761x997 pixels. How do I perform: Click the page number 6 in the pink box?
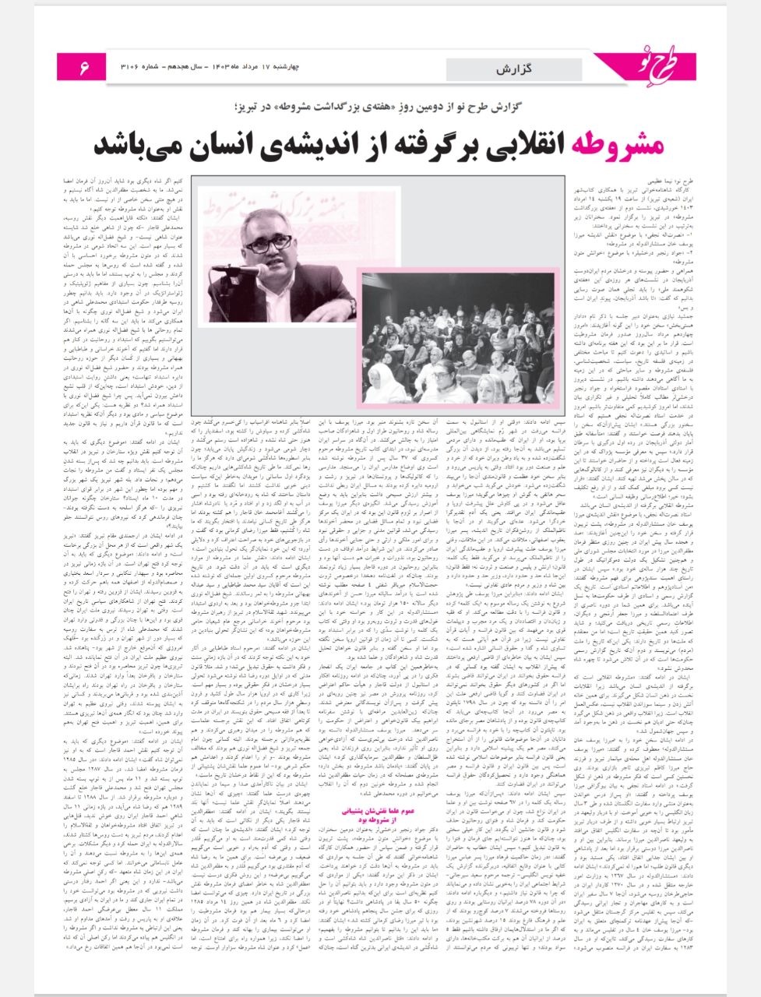[x=83, y=69]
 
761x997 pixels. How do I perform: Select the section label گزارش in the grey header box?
[x=514, y=69]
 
